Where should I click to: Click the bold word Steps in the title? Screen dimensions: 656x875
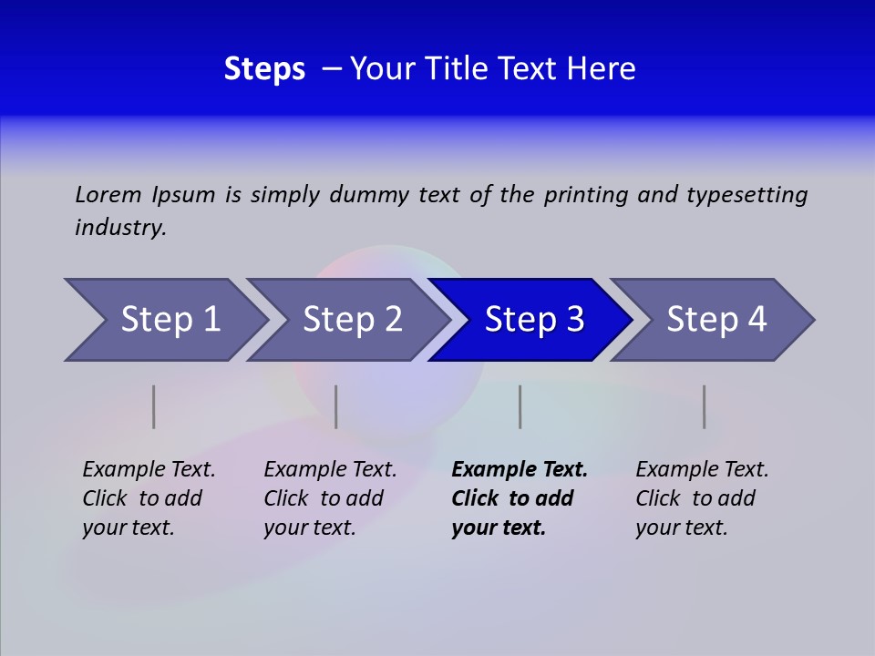click(264, 68)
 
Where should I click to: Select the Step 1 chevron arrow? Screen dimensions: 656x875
click(169, 320)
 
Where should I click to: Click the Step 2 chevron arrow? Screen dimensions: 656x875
click(351, 320)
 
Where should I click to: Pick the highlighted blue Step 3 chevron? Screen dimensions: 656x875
click(533, 320)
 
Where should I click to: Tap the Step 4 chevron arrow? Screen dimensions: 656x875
click(715, 320)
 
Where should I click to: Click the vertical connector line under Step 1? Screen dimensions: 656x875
click(154, 406)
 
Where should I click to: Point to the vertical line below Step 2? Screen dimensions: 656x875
click(336, 406)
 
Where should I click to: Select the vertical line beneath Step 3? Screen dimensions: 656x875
click(520, 406)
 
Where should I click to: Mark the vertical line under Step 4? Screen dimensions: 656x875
click(705, 406)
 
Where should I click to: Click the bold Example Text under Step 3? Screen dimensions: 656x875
click(520, 470)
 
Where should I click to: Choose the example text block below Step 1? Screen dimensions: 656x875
click(149, 498)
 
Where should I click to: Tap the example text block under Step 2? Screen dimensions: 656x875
click(330, 498)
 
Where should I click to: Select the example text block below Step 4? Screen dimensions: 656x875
click(702, 498)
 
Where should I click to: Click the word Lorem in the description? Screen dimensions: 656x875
click(108, 195)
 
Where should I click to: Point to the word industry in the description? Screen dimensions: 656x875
click(120, 228)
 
